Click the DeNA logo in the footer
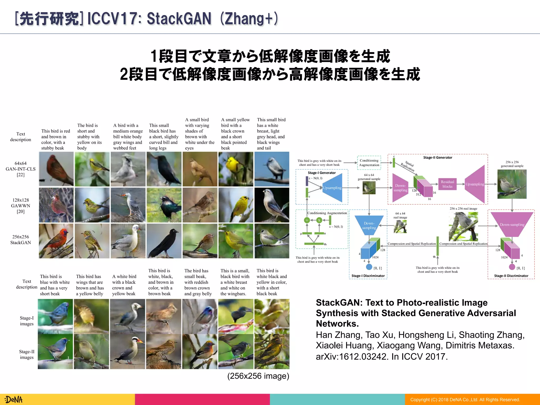[x=14, y=399]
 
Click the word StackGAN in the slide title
[x=179, y=19]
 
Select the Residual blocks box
[x=447, y=184]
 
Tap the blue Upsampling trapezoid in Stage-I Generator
[x=332, y=188]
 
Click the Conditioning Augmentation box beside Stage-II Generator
[x=369, y=163]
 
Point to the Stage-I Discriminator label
[x=368, y=276]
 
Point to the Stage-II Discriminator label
[x=511, y=276]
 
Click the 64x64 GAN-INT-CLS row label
[x=21, y=169]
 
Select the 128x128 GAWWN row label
[x=21, y=206]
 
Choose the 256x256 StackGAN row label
[x=21, y=240]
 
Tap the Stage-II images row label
[x=27, y=354]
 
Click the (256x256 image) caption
[x=258, y=376]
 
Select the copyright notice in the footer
[x=465, y=400]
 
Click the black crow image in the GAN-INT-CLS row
[x=164, y=169]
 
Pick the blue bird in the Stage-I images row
[x=55, y=316]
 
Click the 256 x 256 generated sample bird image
[x=512, y=184]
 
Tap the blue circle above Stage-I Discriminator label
[x=369, y=267]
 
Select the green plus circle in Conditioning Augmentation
[x=307, y=220]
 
